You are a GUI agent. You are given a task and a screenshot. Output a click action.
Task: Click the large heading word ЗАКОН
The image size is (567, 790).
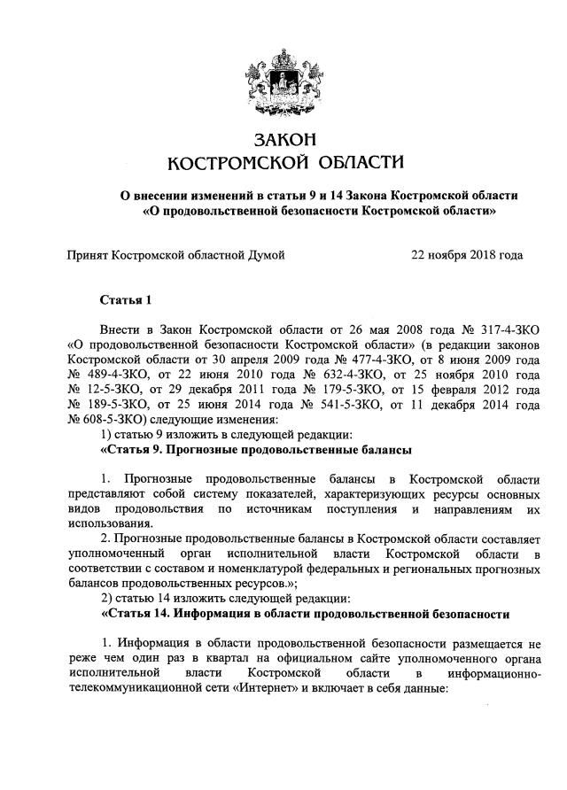[x=284, y=139]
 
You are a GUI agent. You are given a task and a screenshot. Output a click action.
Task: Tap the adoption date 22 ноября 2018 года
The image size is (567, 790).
[x=467, y=255]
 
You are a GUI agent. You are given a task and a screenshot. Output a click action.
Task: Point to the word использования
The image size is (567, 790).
[x=108, y=524]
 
